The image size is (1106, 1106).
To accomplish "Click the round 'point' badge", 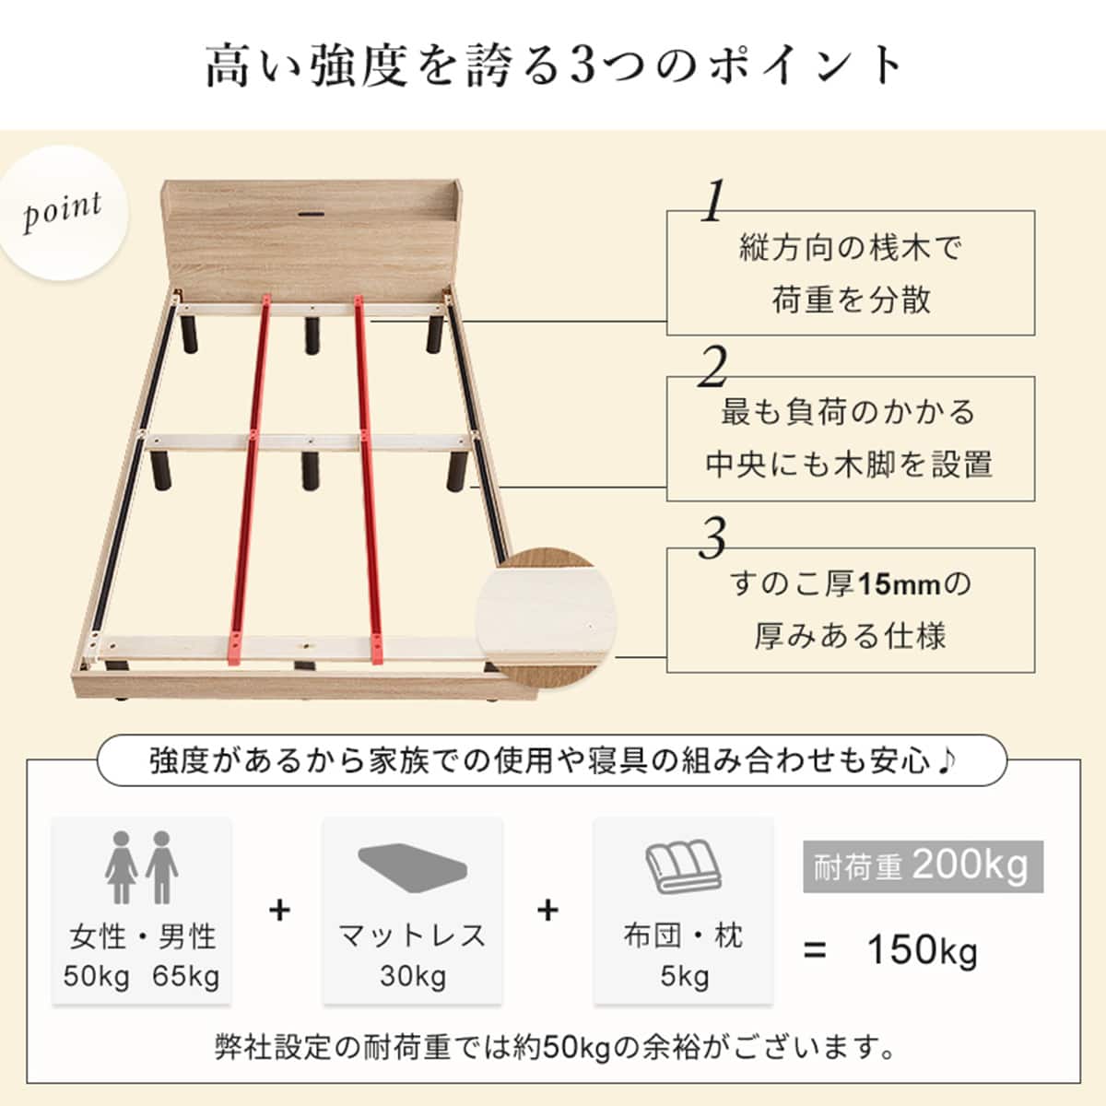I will [x=63, y=213].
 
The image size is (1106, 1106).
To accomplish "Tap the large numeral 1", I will [x=712, y=203].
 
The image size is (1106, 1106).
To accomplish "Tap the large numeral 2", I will [x=712, y=370].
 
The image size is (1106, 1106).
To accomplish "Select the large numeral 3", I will [x=712, y=539].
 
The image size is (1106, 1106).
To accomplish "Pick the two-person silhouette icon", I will [x=141, y=867].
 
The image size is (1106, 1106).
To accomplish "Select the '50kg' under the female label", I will [x=97, y=976].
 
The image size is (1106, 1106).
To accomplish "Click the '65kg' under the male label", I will [x=186, y=976].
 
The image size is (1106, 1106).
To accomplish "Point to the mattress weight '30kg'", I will [x=412, y=976].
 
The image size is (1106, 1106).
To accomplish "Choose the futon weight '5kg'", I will [x=684, y=976].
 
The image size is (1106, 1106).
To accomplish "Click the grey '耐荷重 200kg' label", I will [x=923, y=866].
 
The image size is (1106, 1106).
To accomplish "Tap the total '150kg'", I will [x=922, y=951].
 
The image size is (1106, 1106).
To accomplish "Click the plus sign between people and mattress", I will [x=279, y=911].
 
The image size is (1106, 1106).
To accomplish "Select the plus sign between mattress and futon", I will [x=548, y=911].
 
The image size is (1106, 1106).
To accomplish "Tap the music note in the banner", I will [x=947, y=760].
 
